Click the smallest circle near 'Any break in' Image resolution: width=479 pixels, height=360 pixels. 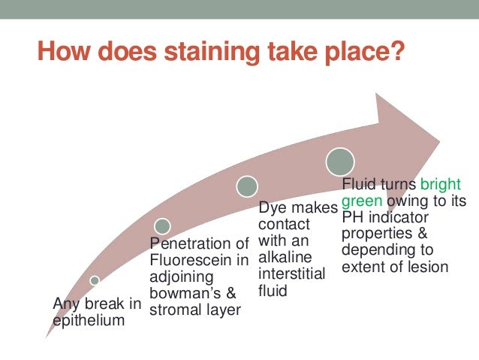point(95,280)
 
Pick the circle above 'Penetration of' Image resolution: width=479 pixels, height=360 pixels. point(162,225)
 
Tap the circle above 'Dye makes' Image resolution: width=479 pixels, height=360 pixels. point(247,186)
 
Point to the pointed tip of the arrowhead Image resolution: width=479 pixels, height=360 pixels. point(439,139)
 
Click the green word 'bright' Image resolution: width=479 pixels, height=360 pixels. point(441,184)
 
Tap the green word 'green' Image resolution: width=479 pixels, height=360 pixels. point(362,201)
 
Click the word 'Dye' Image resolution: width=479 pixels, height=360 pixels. point(273,207)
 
